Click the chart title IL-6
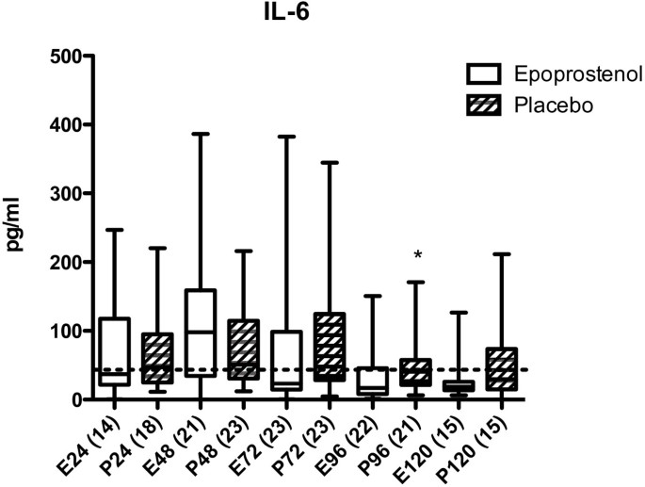(x=322, y=13)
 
